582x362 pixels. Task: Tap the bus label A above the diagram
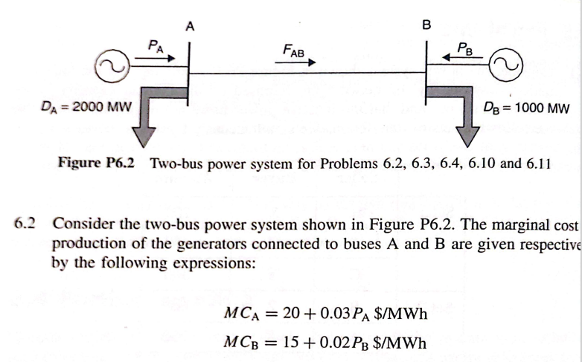(x=191, y=26)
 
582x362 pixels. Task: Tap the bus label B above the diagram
(x=426, y=25)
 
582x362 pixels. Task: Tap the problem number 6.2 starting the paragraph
(x=25, y=224)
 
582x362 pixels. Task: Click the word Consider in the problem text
(x=81, y=224)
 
